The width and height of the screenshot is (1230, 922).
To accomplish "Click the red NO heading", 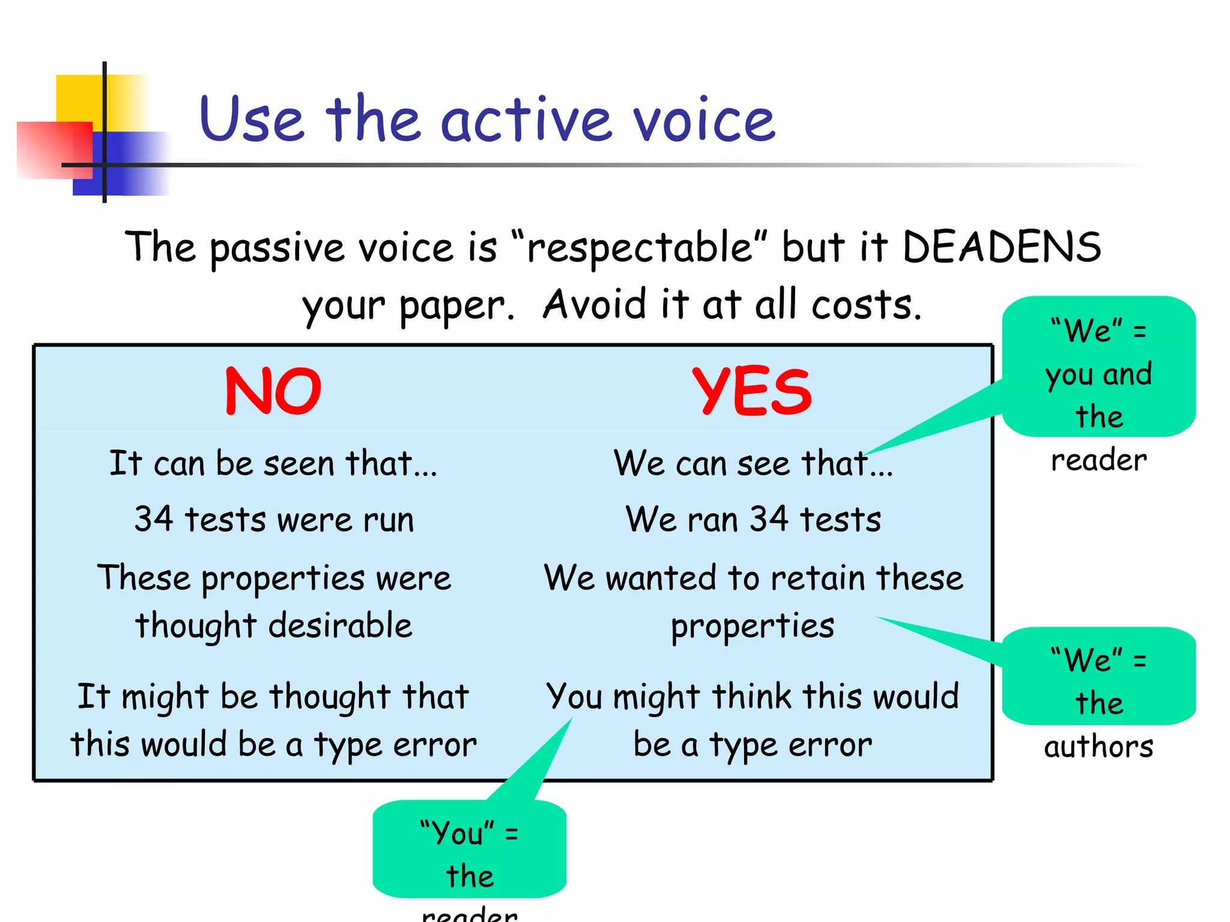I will tap(273, 391).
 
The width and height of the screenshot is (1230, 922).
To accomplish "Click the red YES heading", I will tap(752, 391).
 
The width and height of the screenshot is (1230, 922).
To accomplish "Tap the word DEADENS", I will tap(1002, 247).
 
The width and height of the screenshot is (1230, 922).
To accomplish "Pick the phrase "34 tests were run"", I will tap(274, 519).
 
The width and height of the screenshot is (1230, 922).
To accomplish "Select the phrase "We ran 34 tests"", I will tap(753, 519).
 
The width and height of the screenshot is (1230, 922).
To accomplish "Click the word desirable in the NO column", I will tap(340, 625).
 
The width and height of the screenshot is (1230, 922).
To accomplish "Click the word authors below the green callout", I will tap(1098, 747).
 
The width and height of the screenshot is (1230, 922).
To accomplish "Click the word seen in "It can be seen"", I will tap(298, 464).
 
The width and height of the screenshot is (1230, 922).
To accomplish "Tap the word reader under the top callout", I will tap(1098, 460).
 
